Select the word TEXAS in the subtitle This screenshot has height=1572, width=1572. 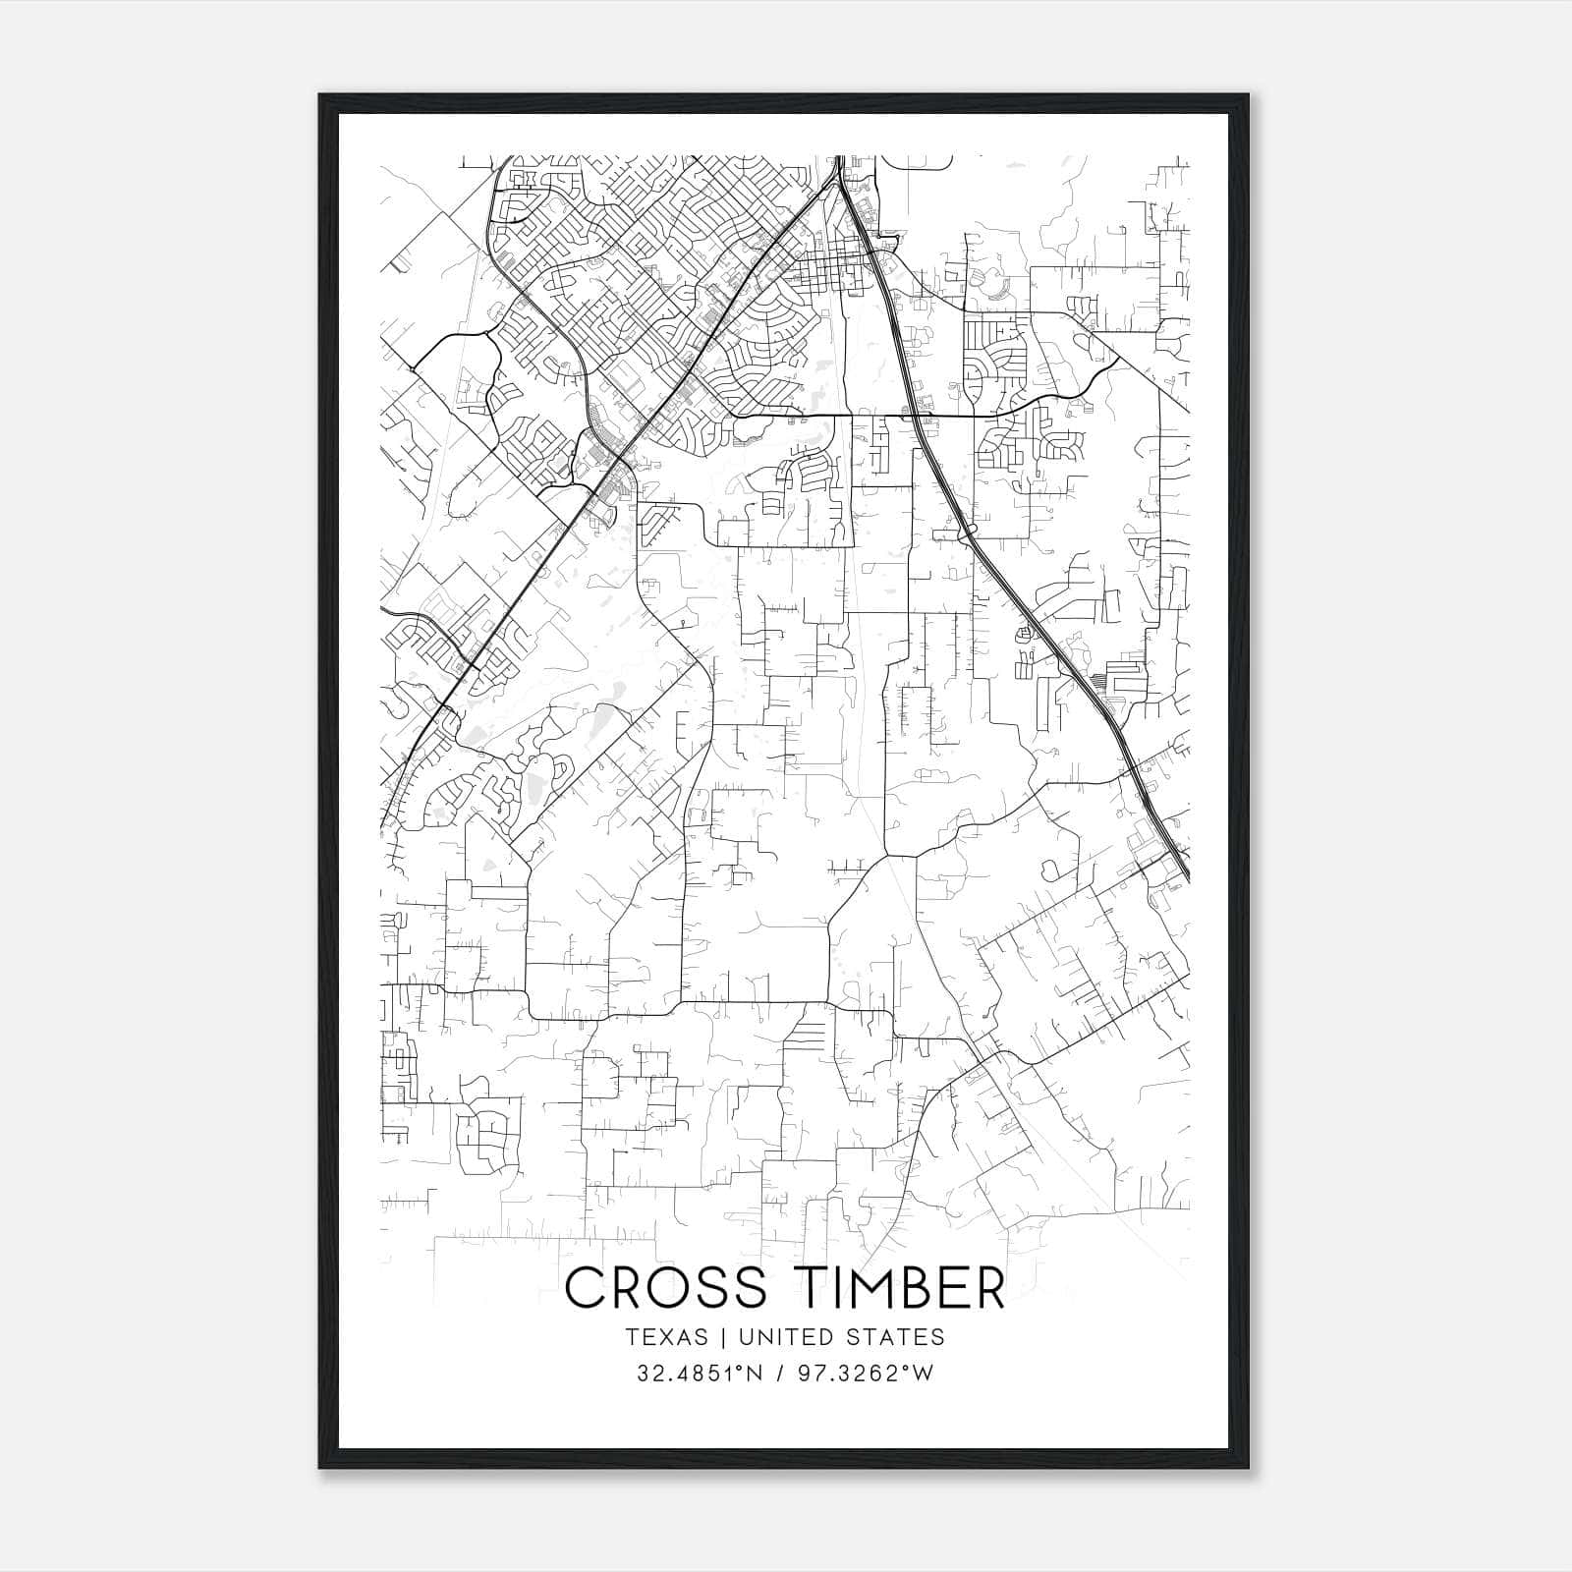point(666,1337)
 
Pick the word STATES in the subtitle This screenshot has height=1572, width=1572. point(894,1337)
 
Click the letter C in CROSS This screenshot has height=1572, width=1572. point(587,1288)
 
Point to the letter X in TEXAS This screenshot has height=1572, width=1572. point(666,1337)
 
